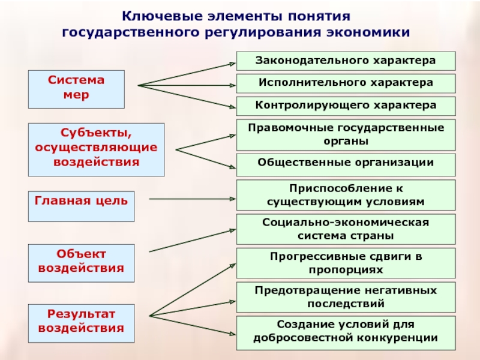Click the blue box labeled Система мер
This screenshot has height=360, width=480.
click(76, 89)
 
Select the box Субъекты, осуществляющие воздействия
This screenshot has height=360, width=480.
click(96, 149)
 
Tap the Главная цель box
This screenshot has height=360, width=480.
click(81, 206)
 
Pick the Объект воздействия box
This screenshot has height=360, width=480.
click(81, 263)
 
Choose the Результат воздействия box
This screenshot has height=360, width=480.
click(81, 323)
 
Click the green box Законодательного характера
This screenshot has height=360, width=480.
click(346, 61)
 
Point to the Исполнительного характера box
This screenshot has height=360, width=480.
click(346, 83)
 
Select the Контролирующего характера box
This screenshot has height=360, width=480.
click(346, 106)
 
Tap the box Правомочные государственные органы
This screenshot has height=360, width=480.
click(346, 135)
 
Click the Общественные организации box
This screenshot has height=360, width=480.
click(346, 165)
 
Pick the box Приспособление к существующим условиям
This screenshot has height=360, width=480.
click(346, 195)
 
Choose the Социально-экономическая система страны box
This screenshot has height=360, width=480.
click(346, 229)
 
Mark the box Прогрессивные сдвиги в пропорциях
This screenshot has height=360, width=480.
click(346, 263)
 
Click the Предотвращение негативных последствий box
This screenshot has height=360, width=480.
click(346, 297)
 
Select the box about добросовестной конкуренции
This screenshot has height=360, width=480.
click(346, 333)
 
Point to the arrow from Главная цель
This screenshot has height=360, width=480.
click(193, 199)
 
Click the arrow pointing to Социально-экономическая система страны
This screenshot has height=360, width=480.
click(193, 241)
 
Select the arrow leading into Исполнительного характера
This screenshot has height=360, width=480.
click(187, 85)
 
